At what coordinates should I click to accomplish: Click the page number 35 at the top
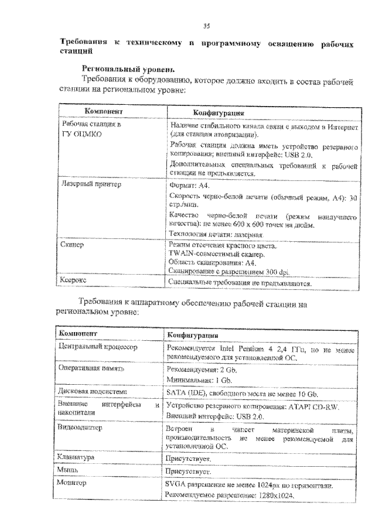(206, 25)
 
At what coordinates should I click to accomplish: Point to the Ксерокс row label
(74, 281)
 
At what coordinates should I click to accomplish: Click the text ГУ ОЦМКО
(83, 134)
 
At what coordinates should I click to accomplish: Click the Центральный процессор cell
(96, 347)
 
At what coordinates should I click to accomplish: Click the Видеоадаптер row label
(81, 428)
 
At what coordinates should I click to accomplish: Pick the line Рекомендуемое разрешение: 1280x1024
(229, 496)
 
